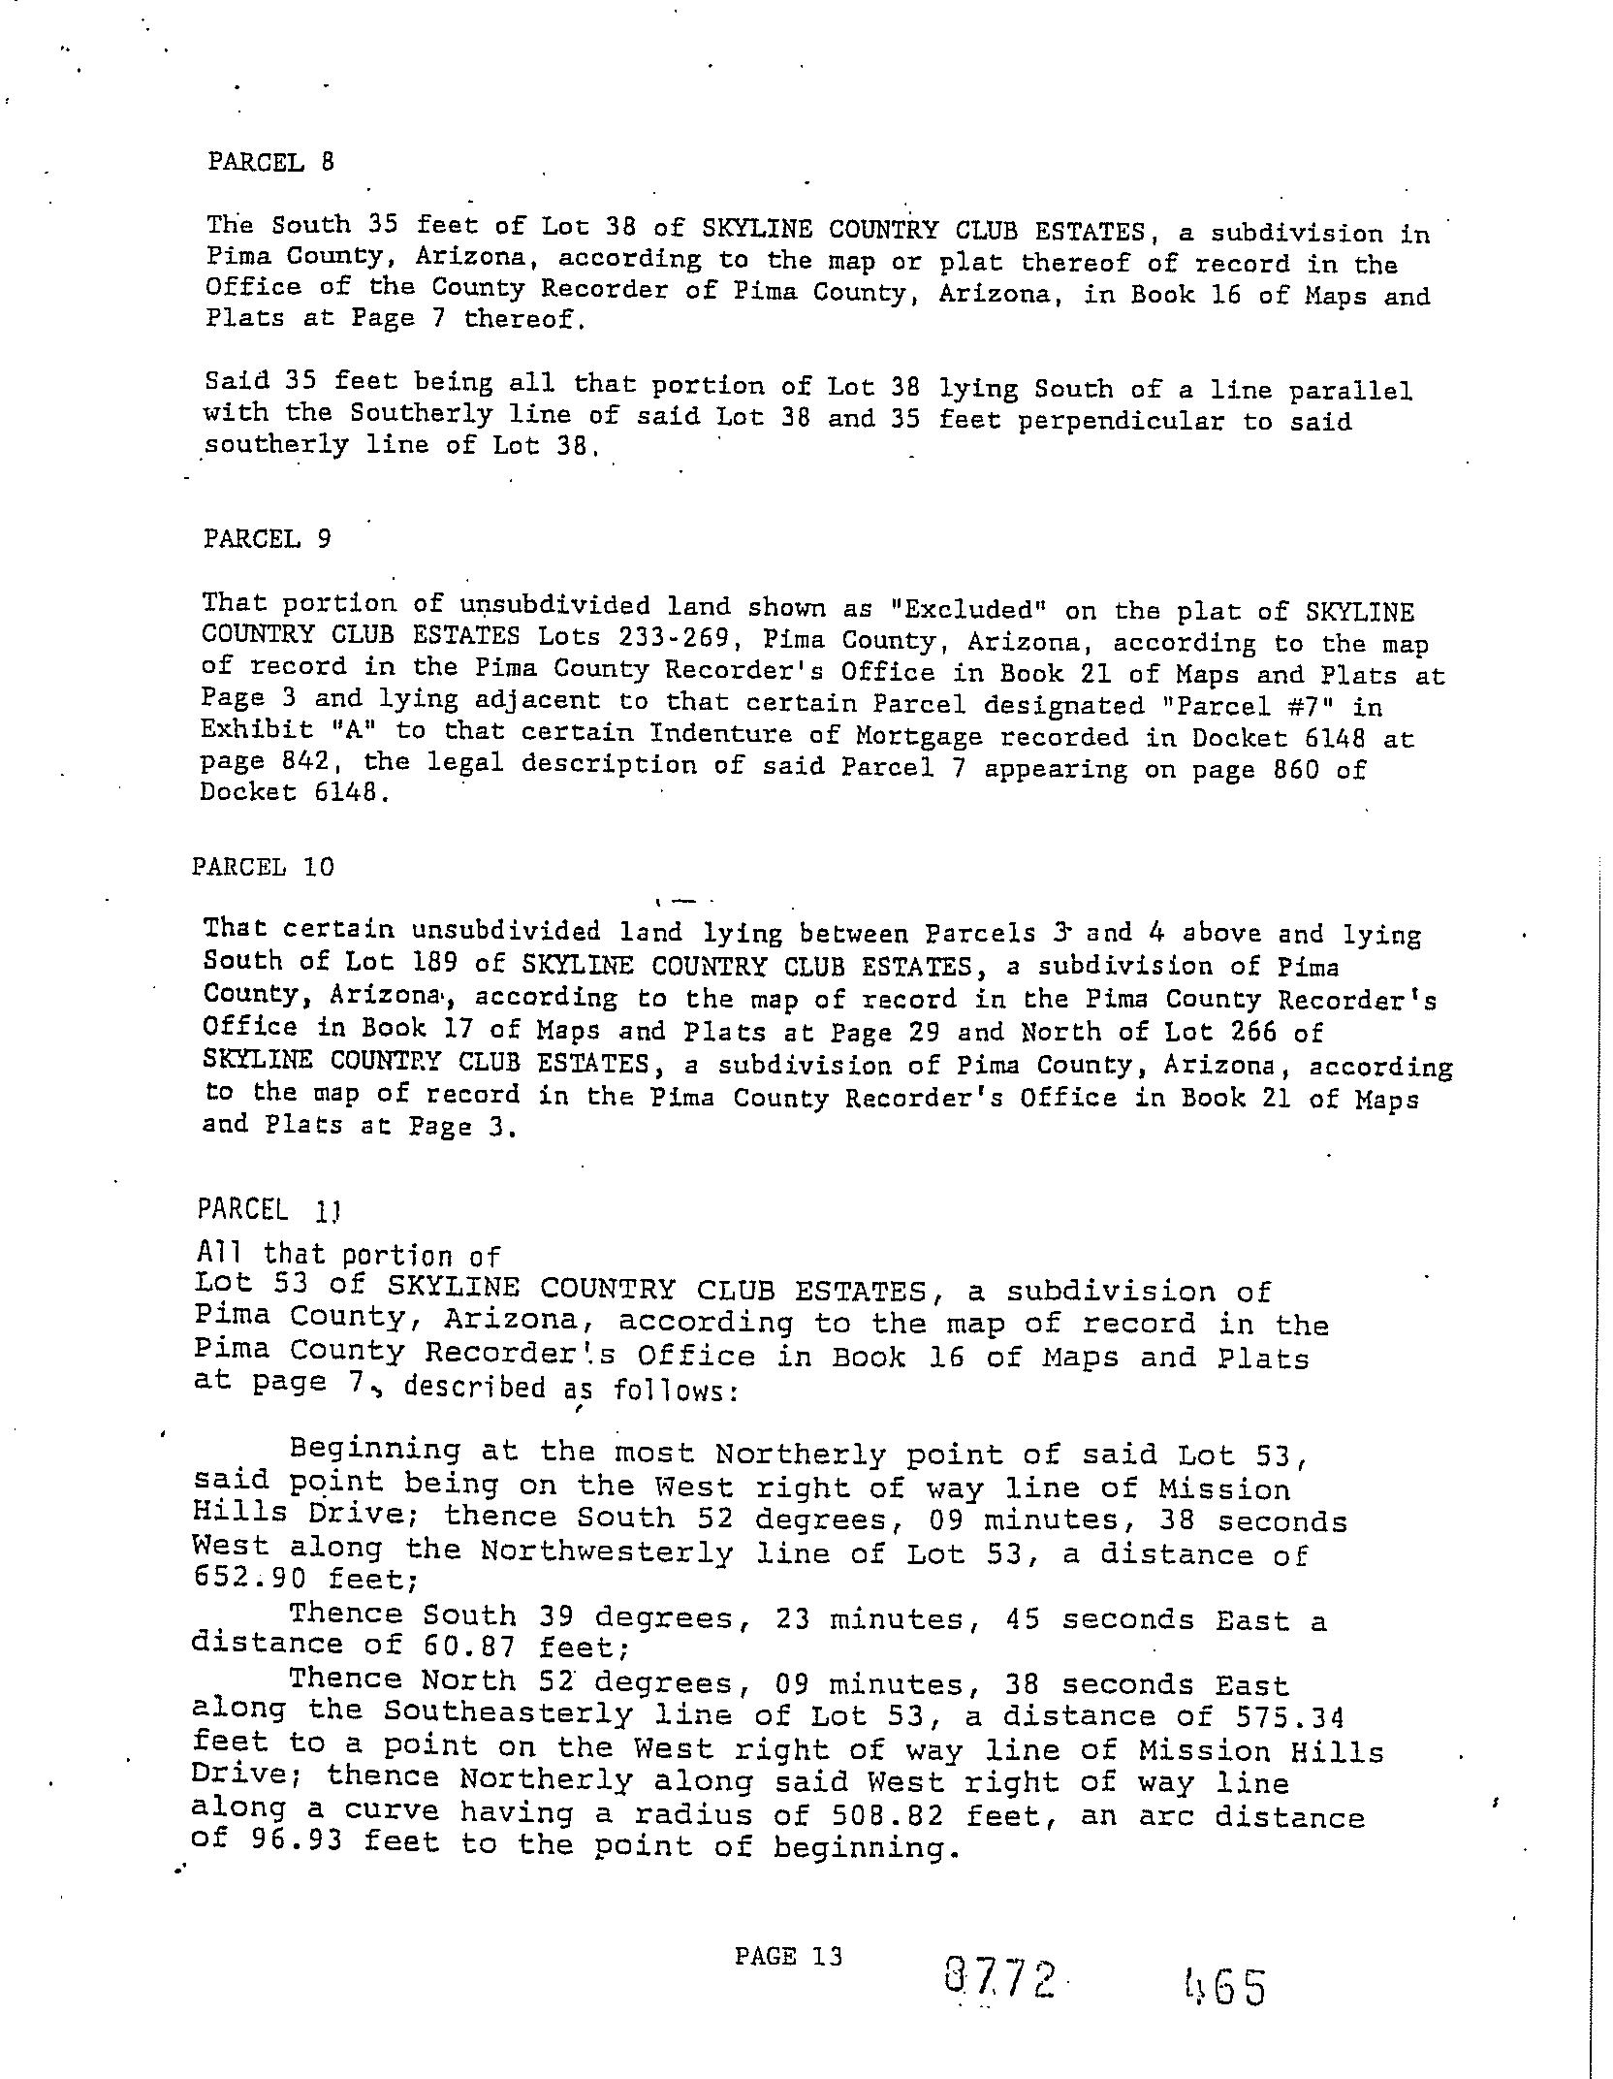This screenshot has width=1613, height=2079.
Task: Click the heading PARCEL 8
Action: coord(270,161)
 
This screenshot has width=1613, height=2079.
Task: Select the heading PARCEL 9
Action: coord(267,538)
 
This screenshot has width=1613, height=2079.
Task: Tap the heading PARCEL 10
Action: coord(263,866)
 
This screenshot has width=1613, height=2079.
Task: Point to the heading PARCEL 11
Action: coord(268,1209)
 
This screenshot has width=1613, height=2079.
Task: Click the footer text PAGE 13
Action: coord(788,1956)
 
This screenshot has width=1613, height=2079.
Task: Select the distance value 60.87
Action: coord(472,1646)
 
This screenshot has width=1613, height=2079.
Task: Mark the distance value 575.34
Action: coord(1290,1717)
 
